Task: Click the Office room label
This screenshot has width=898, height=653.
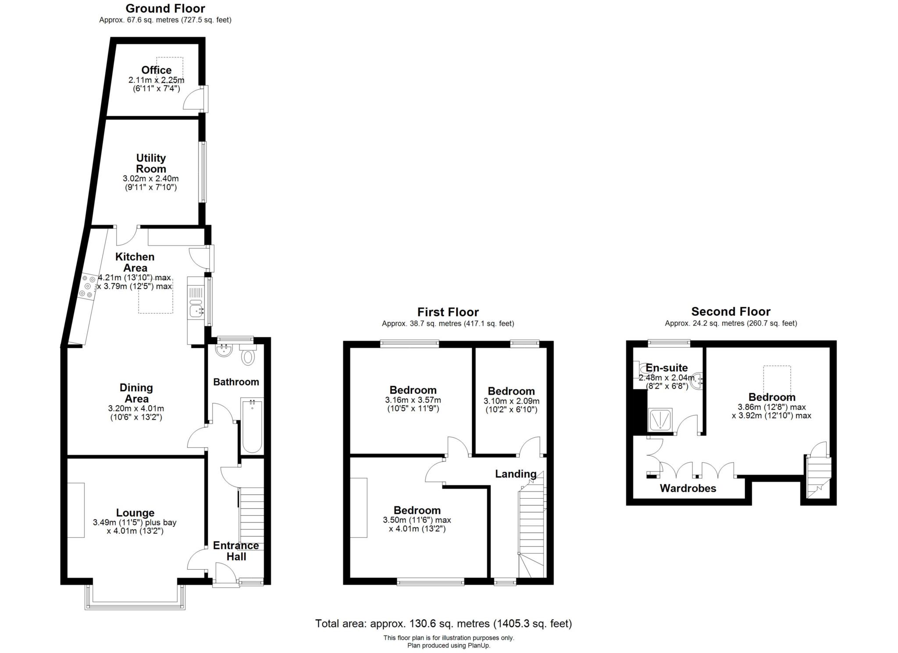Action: tap(156, 70)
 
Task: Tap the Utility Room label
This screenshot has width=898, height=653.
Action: tap(151, 163)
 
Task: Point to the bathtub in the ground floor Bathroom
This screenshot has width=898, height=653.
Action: tap(252, 425)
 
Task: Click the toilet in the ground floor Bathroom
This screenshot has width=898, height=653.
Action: tap(248, 357)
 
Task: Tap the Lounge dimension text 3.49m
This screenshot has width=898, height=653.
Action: tap(135, 522)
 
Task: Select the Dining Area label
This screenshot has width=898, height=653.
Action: tap(136, 393)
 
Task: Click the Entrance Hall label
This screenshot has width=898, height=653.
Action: tap(236, 551)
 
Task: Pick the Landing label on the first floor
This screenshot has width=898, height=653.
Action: tap(516, 474)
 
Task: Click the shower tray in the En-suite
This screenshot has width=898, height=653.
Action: tap(660, 420)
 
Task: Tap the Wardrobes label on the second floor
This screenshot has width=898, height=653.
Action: tap(688, 488)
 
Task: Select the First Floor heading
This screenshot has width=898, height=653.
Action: tap(448, 312)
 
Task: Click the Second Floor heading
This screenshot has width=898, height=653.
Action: tap(731, 311)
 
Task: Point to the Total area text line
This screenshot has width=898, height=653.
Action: tap(443, 623)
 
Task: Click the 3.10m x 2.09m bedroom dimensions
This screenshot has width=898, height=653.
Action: tap(511, 401)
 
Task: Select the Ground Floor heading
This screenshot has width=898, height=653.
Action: tap(165, 8)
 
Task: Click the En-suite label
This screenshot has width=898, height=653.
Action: tap(666, 368)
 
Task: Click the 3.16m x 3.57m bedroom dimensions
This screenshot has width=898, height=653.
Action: tap(413, 400)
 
